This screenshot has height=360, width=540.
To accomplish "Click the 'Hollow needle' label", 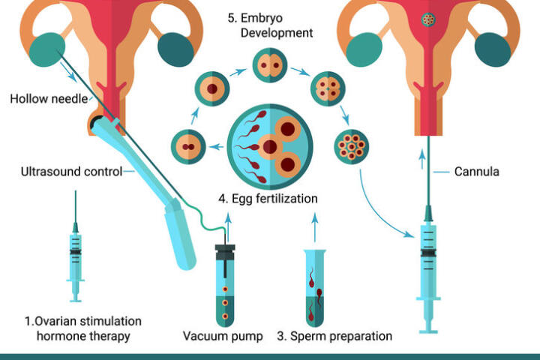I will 49,98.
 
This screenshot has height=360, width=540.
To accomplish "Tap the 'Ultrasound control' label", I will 71,172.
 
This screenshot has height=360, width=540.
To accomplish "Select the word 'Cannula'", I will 476,171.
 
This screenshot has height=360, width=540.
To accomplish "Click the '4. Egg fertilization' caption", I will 268,199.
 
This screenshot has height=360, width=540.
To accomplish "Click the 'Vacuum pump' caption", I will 223,335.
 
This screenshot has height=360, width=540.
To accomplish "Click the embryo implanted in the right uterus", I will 430,19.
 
